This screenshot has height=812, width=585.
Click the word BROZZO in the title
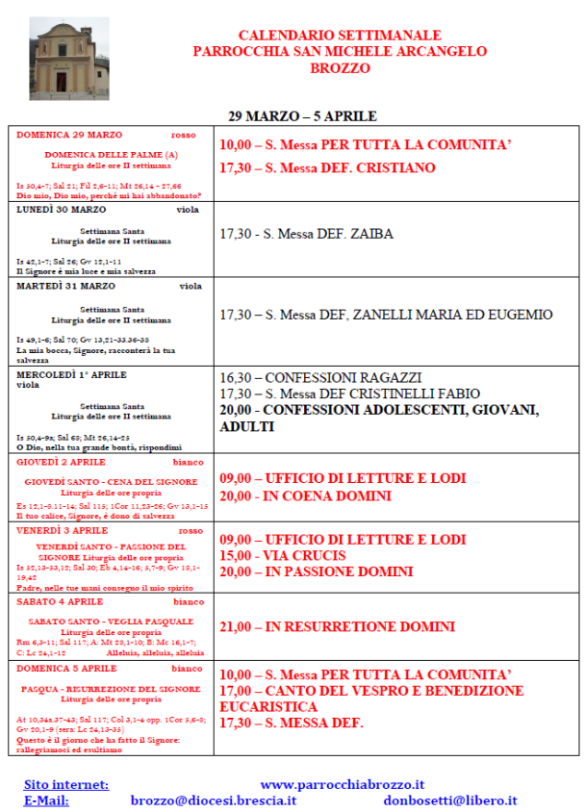(340, 69)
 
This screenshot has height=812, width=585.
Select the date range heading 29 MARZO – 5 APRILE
(302, 116)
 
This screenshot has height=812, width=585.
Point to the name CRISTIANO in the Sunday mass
(396, 168)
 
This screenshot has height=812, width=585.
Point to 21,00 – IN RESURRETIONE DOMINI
(337, 627)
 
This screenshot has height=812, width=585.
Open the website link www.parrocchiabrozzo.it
(343, 785)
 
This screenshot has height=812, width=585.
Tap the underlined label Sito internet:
(66, 785)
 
